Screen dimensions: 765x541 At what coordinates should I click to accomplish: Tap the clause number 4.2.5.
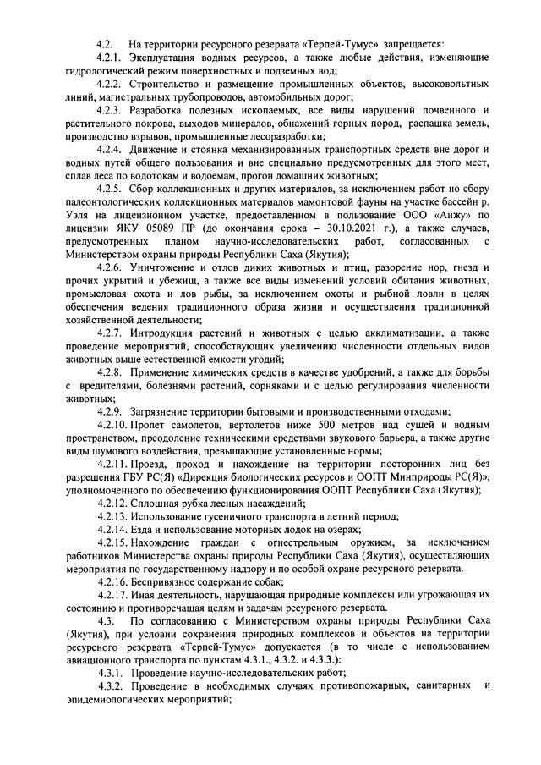click(x=111, y=188)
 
